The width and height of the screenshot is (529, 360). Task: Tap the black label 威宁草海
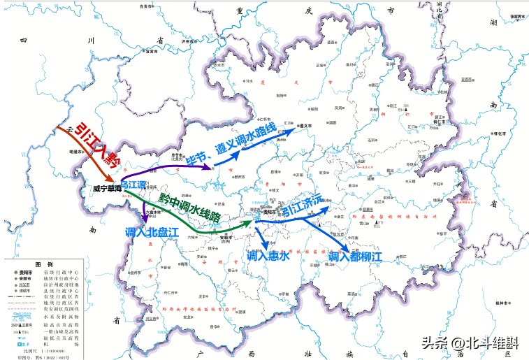107,189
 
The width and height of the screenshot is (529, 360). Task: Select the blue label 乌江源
133,185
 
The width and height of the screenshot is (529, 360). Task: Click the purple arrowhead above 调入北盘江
146,221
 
